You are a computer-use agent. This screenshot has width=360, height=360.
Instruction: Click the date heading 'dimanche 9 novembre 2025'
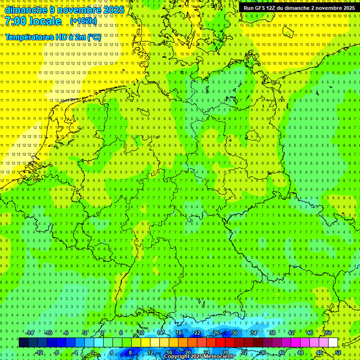click(64, 9)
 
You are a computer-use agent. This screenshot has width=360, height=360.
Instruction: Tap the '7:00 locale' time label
click(33, 21)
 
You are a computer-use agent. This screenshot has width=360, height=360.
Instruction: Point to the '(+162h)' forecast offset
click(83, 21)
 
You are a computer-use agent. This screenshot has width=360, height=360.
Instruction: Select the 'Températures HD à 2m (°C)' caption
click(53, 37)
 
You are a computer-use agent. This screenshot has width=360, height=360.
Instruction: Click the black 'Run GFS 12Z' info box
click(299, 7)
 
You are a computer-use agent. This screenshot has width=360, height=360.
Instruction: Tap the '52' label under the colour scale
click(338, 352)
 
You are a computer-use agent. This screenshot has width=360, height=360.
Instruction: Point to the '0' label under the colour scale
click(92, 352)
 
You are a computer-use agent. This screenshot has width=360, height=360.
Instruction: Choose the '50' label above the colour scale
click(329, 333)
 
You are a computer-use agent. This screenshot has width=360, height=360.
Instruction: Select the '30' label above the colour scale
click(235, 333)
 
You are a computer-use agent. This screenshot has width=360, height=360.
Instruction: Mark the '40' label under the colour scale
click(282, 352)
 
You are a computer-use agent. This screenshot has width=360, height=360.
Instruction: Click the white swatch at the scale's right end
click(333, 343)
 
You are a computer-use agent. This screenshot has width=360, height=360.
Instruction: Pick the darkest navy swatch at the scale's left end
click(23, 343)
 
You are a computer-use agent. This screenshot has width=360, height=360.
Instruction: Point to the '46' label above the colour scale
click(310, 333)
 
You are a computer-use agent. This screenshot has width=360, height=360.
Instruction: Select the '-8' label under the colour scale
click(56, 352)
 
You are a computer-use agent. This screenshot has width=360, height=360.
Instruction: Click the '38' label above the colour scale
click(272, 333)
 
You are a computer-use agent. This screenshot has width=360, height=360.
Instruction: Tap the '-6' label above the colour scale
click(66, 333)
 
